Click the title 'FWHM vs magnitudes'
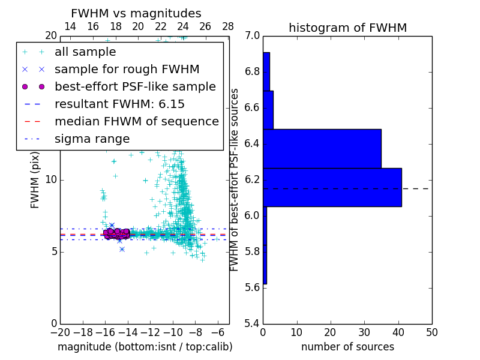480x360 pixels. coord(136,14)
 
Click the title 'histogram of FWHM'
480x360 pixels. coord(347,28)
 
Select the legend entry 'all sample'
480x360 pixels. coord(85,52)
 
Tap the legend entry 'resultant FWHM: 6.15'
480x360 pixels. coord(119,104)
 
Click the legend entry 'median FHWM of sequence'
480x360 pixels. coord(136,121)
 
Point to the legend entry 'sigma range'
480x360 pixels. coord(92,139)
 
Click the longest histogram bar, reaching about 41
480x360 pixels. coord(332,187)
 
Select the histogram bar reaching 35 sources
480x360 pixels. coord(322,149)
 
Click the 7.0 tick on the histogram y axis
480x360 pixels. coord(253,36)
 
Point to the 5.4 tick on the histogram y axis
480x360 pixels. coord(253,323)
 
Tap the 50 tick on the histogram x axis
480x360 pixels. coord(431,332)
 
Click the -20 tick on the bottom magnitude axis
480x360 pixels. coord(60,332)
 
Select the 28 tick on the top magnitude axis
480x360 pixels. coord(228,27)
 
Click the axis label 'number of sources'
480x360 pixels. coord(347,347)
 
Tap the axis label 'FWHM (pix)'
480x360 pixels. coord(35,180)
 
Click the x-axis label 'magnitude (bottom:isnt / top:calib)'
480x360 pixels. coord(145,347)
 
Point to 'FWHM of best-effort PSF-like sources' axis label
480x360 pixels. coord(235,180)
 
